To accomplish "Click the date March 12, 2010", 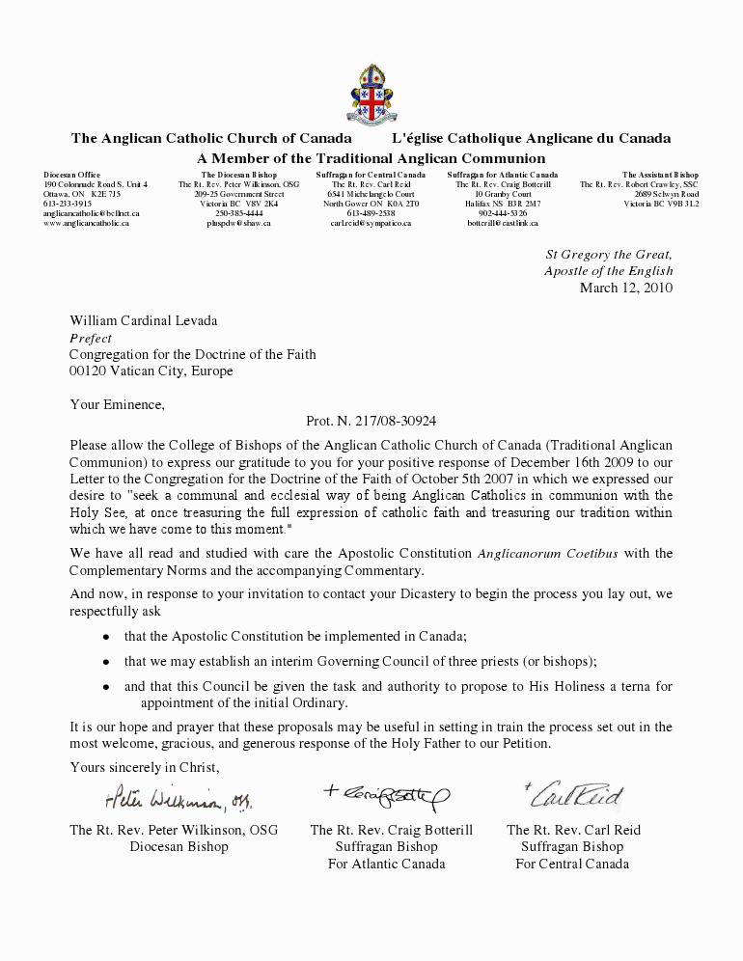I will pos(625,288).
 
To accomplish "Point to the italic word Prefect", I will pos(91,339).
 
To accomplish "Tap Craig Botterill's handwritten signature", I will pos(386,793).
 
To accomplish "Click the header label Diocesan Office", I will pos(71,175).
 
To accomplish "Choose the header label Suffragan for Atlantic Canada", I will pos(503,175).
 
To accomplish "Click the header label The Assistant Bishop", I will pos(660,175).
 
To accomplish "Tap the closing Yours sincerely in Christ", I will pos(145,767).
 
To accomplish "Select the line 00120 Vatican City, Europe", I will pos(151,371).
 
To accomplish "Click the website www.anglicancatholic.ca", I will pos(86,223).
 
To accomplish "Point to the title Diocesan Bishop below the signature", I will pos(179,846).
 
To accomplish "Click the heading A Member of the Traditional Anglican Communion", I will pos(371,158).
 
